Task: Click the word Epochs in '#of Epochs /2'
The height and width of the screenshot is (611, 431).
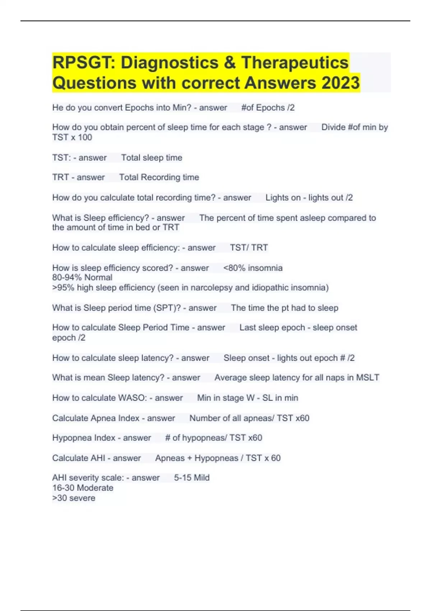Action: (x=268, y=107)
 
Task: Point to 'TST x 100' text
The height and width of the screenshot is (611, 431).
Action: (x=72, y=137)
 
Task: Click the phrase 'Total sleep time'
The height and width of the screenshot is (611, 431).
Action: (x=152, y=157)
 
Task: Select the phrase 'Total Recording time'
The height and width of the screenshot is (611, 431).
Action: (x=159, y=177)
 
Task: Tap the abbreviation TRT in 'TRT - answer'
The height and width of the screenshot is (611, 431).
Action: (x=60, y=177)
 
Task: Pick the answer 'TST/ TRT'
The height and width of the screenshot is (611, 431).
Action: (x=249, y=248)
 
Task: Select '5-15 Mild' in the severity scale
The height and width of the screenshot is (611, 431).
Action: (x=192, y=478)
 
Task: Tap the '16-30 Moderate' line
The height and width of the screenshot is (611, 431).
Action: (x=83, y=488)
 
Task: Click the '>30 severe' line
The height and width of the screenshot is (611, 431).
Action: (x=74, y=498)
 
